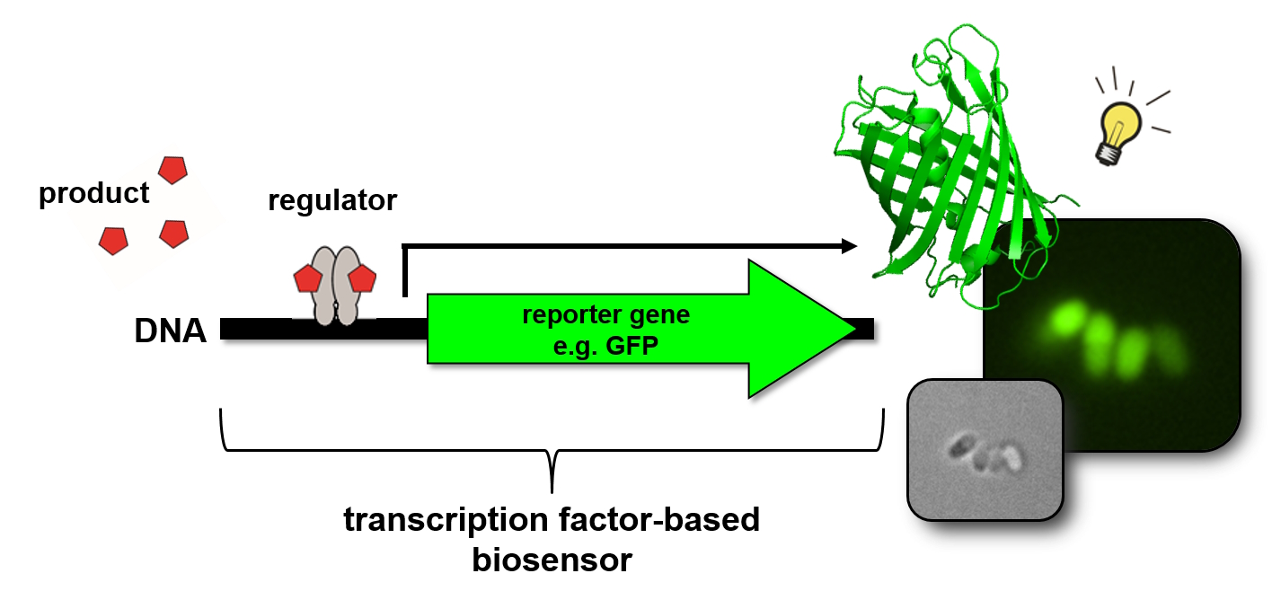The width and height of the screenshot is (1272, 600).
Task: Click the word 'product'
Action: tap(93, 194)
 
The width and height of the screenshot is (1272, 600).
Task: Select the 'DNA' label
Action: tap(171, 331)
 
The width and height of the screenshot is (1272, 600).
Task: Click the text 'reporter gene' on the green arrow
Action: tap(605, 315)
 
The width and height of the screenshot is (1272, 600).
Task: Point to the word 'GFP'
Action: tap(632, 345)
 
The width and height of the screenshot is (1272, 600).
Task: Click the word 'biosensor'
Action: tap(552, 560)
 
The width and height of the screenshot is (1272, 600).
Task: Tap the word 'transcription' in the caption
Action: tap(446, 521)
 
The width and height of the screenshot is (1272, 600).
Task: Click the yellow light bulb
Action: tap(1117, 133)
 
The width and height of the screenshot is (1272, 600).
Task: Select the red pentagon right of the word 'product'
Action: tap(172, 171)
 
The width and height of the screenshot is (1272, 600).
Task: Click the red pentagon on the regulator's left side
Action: tap(308, 278)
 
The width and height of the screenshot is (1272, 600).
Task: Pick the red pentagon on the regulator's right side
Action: tap(362, 278)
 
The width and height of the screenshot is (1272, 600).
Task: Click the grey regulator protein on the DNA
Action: tap(335, 286)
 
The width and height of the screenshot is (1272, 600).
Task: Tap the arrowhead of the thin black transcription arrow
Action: tap(850, 246)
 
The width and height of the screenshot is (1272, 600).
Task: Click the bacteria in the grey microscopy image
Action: tap(985, 454)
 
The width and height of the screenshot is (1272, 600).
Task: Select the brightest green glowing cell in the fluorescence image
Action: tap(1067, 319)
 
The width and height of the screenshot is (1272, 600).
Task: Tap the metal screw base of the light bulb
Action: tap(1108, 154)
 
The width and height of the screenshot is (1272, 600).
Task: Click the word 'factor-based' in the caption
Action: tap(659, 519)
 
